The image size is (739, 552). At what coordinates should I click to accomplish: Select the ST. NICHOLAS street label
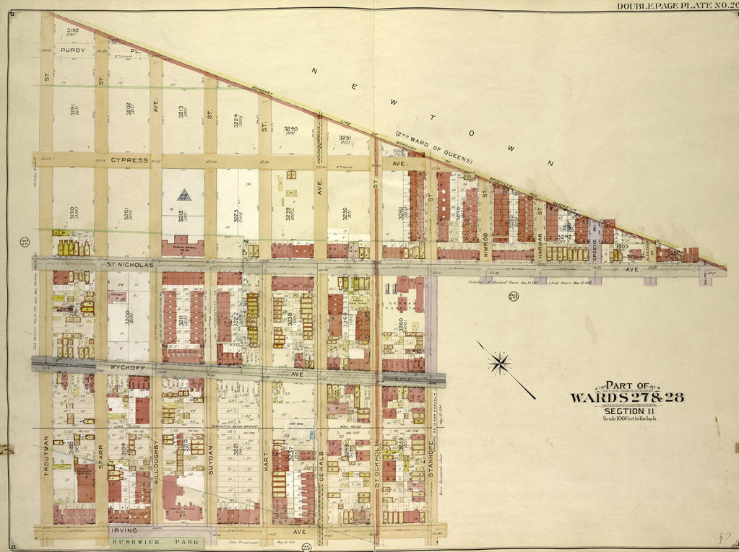131,265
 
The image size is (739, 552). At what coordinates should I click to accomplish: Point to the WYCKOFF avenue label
128,366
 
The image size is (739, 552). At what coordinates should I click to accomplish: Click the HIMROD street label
486,233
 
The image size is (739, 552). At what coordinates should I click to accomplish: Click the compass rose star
500,363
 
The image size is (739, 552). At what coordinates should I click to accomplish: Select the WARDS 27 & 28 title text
626,398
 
